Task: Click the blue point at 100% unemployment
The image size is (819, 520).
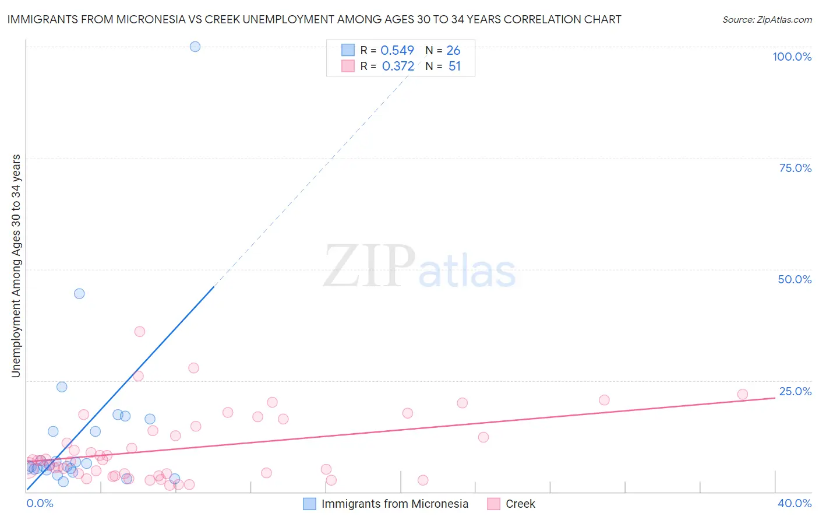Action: point(195,47)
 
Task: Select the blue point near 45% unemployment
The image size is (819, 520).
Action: point(79,294)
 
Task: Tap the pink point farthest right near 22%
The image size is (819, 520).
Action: point(742,394)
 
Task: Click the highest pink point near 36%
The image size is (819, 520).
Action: point(140,332)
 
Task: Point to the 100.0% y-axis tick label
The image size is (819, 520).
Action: point(792,57)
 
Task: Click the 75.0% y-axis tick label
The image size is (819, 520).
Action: point(795,168)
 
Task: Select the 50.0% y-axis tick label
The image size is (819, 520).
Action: point(795,280)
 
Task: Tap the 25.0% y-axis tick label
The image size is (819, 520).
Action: point(795,391)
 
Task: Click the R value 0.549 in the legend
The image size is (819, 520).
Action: point(397,51)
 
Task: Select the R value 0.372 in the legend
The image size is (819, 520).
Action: point(398,66)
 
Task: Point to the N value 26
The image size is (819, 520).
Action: point(453,51)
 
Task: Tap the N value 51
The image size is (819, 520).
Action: point(454,66)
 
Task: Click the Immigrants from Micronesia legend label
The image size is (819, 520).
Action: point(394,504)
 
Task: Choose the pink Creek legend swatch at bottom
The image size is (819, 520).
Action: point(494,504)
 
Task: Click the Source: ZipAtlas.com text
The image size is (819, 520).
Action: point(767,20)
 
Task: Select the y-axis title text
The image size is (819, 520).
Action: point(16,266)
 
